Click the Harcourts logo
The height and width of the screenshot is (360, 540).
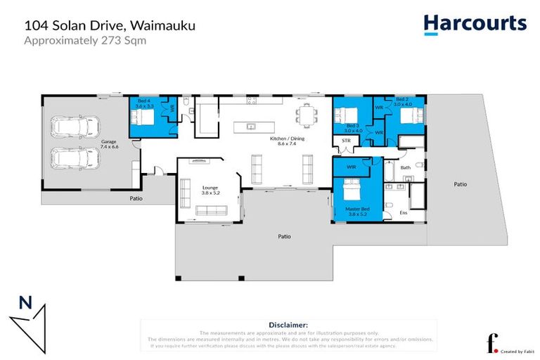click(475, 23)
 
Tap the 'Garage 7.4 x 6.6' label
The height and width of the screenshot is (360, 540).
click(109, 144)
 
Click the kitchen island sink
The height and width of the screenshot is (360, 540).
click(250, 127)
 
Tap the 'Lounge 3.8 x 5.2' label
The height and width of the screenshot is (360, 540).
click(210, 191)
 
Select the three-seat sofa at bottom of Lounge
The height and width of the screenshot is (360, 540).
click(211, 210)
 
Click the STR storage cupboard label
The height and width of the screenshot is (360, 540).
click(345, 141)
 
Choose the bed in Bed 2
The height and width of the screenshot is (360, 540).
click(410, 117)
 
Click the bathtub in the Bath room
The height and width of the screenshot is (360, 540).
click(389, 172)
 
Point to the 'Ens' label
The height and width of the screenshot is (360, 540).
click(404, 212)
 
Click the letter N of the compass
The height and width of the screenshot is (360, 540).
click(25, 303)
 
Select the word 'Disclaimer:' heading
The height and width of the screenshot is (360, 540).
click(288, 324)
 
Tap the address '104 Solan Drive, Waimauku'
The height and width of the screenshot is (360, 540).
click(110, 25)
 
